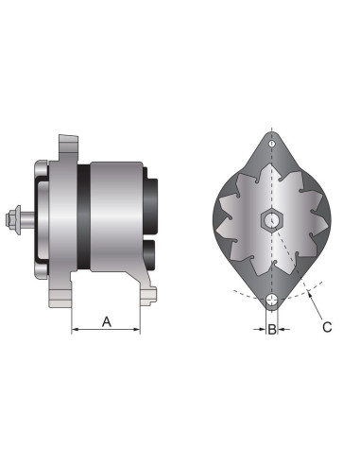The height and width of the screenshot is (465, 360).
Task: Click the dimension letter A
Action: [x=107, y=321]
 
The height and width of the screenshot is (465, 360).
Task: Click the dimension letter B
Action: [x=272, y=330]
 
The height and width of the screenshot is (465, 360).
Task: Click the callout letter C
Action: [x=327, y=327]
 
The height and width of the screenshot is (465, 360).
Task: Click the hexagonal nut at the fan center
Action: [x=272, y=221]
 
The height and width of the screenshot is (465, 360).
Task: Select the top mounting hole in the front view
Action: [x=272, y=142]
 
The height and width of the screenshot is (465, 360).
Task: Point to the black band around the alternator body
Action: [x=84, y=222]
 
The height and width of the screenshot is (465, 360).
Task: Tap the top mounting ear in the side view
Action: [x=67, y=149]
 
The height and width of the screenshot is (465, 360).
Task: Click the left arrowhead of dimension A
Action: [x=77, y=331]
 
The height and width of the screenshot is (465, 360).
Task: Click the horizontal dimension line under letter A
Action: [x=107, y=331]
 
